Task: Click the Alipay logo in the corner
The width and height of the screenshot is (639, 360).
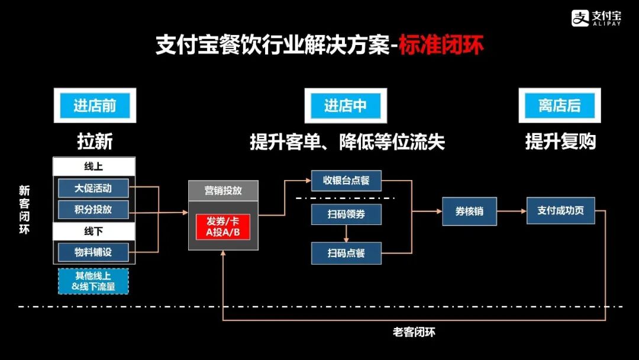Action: pyautogui.click(x=596, y=18)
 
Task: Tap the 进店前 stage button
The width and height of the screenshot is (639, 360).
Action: pyautogui.click(x=95, y=106)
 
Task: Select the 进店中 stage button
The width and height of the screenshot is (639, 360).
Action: pyautogui.click(x=346, y=106)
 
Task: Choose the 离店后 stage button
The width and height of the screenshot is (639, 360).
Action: pyautogui.click(x=560, y=106)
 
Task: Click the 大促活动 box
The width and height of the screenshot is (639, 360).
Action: pyautogui.click(x=93, y=189)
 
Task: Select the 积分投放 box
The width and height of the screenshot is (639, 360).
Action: pyautogui.click(x=93, y=209)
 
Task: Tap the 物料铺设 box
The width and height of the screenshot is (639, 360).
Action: pyautogui.click(x=93, y=252)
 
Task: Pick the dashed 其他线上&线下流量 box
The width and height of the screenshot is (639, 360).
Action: pyautogui.click(x=93, y=281)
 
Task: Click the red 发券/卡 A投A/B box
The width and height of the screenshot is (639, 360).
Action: pyautogui.click(x=223, y=226)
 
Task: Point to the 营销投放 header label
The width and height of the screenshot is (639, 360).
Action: pyautogui.click(x=223, y=191)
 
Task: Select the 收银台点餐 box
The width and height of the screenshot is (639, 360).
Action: pyautogui.click(x=346, y=181)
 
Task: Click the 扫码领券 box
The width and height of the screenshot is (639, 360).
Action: pyautogui.click(x=346, y=214)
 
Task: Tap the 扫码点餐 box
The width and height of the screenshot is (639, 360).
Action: pyautogui.click(x=346, y=253)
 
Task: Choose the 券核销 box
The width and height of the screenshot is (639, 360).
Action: pyautogui.click(x=469, y=211)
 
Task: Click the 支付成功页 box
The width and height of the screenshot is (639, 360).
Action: pyautogui.click(x=560, y=211)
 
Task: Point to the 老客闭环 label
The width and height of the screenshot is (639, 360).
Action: pyautogui.click(x=414, y=332)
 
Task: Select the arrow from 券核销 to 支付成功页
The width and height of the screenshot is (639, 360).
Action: pyautogui.click(x=511, y=211)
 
